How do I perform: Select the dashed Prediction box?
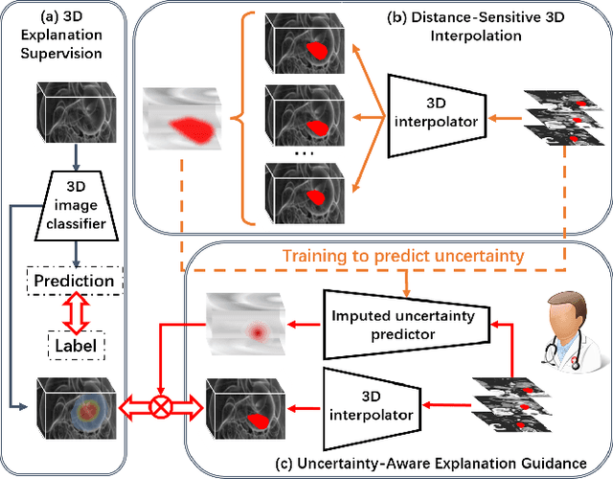click(x=75, y=281)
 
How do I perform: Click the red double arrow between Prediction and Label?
click(x=74, y=310)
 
